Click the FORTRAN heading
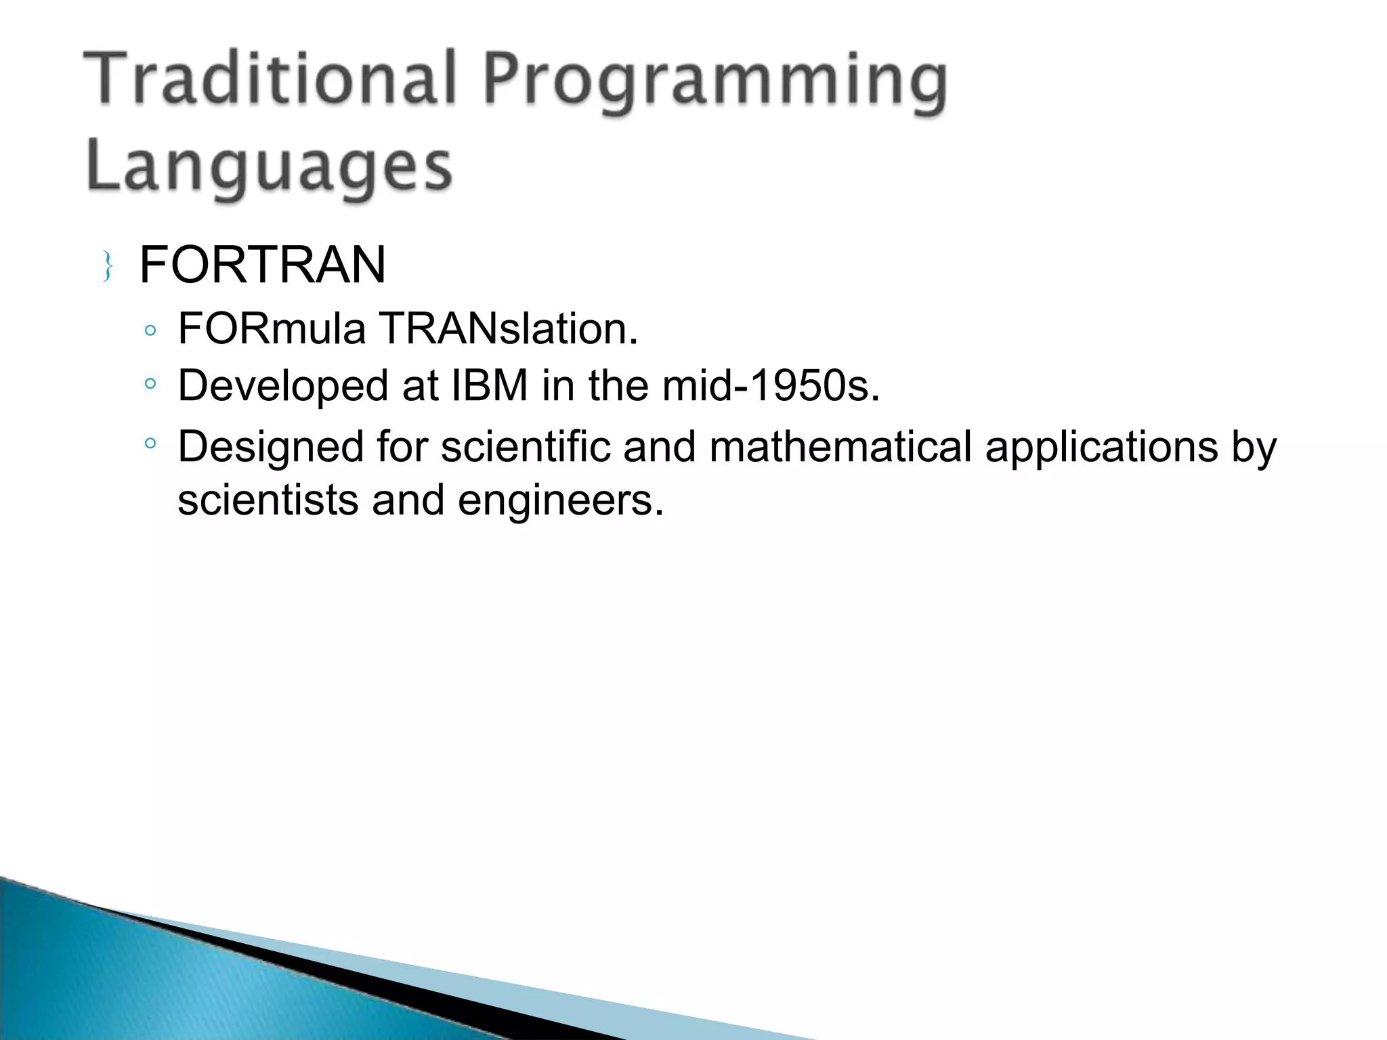262,265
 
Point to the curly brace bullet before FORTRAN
107,266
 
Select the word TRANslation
508,329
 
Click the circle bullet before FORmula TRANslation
150,331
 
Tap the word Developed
283,386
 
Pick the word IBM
489,386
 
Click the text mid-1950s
771,386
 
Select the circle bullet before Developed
150,384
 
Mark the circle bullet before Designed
150,444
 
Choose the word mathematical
840,447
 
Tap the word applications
1101,447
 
